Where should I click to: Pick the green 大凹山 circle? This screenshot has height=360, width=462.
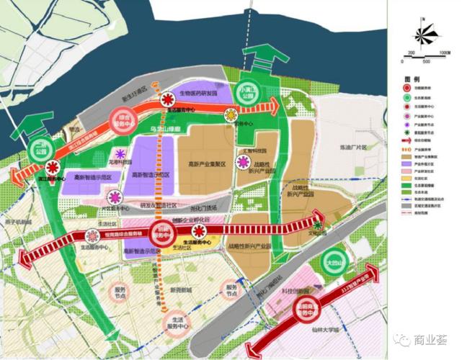333,260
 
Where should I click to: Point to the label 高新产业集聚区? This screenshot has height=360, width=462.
203,164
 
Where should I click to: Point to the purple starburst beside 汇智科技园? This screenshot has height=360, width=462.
240,163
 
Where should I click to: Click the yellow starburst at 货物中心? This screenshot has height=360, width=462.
231,114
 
